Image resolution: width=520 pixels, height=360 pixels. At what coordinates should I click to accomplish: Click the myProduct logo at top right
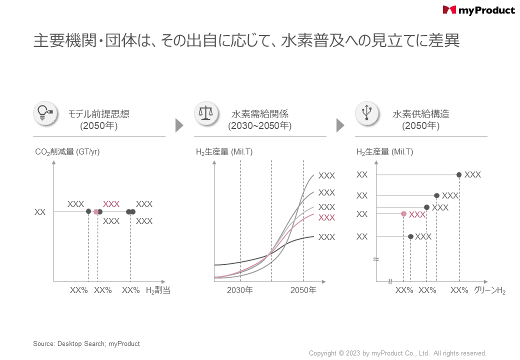(x=478, y=10)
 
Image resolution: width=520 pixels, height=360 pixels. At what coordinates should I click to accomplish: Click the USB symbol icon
(x=367, y=113)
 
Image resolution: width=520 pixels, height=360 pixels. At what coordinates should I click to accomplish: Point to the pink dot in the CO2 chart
(x=96, y=212)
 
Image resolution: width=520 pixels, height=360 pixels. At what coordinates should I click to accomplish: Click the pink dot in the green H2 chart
(x=403, y=214)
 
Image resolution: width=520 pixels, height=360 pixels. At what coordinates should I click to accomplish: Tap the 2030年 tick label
(x=240, y=290)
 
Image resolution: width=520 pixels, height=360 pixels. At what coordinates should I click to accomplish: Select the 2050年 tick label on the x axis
(x=303, y=290)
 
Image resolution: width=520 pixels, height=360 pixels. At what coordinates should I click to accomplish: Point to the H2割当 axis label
(x=158, y=290)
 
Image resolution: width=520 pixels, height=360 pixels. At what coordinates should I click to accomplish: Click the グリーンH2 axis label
(x=489, y=290)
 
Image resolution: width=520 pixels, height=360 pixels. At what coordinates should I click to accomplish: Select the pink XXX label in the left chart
(x=111, y=204)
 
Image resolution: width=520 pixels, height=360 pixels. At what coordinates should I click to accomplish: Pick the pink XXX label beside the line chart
(x=326, y=217)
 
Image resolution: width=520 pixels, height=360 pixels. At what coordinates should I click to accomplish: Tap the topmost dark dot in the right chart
(x=459, y=174)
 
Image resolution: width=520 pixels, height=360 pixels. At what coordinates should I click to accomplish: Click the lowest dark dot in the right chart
(x=410, y=236)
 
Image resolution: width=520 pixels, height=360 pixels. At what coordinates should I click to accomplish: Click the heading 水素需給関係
(x=260, y=114)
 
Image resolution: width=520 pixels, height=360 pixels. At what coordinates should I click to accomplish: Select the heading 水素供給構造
(x=421, y=114)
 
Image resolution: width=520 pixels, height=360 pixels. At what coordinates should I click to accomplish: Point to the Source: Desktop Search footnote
(x=86, y=344)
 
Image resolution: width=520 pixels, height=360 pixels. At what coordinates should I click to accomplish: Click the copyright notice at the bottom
(x=397, y=353)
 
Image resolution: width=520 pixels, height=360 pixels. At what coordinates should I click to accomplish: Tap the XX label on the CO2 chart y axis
(x=40, y=212)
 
